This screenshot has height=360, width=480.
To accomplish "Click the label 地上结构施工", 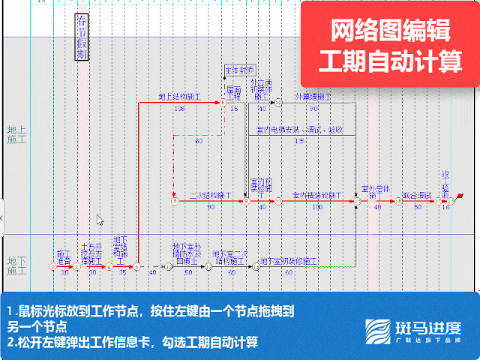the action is pos(178,97).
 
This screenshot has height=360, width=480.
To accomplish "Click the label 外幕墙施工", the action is pos(313,97).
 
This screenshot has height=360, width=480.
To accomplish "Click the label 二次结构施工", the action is pos(210,195).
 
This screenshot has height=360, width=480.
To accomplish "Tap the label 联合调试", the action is pos(417,195).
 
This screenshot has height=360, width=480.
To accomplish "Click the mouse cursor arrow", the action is pos(100,220).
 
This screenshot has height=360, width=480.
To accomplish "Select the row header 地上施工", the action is pos(16,134).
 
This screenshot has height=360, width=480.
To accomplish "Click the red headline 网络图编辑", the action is pos(390,30).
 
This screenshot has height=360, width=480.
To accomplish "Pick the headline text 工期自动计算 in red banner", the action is pos(390,61).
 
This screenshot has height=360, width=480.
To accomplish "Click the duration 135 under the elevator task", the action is pos(300,140).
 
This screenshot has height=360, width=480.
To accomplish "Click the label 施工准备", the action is pos(64,257).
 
